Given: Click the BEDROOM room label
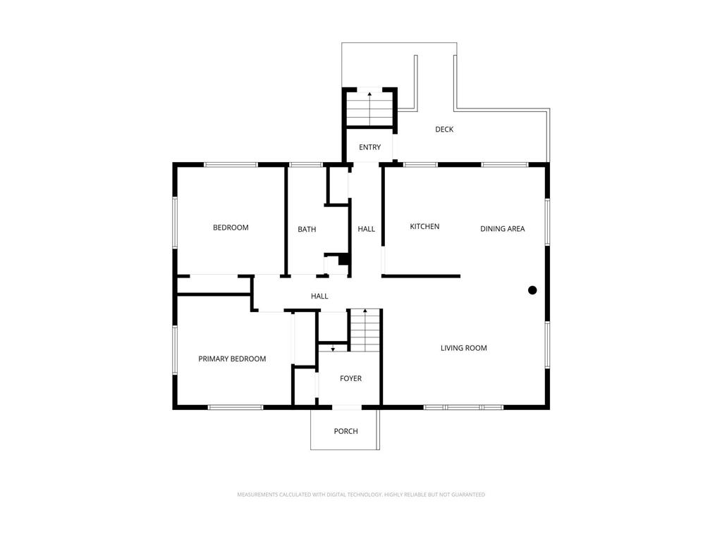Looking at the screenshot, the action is (x=231, y=228).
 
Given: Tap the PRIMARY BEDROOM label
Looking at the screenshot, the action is (x=232, y=359).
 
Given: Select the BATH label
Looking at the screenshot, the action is (x=307, y=229).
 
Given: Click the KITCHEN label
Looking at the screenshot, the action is (x=424, y=226).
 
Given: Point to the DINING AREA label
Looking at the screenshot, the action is (x=502, y=229).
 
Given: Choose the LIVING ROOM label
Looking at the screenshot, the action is (x=464, y=348).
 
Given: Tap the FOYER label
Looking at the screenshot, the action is (x=350, y=378).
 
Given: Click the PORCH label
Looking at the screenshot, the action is (x=345, y=432).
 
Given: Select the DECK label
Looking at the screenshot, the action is (x=444, y=130).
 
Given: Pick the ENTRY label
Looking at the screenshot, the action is (x=369, y=147).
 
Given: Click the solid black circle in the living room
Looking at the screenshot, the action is (x=532, y=290).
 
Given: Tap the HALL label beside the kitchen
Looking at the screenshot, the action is (x=367, y=229).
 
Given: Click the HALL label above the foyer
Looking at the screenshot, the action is (x=319, y=297).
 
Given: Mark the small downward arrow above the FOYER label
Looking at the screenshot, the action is (x=333, y=348).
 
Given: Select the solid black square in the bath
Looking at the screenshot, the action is (x=343, y=260).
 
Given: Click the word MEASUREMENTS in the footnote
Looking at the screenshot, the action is (x=257, y=495).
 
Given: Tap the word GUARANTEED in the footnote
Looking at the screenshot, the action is (x=468, y=495).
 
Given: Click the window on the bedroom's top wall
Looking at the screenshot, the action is (x=231, y=165).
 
